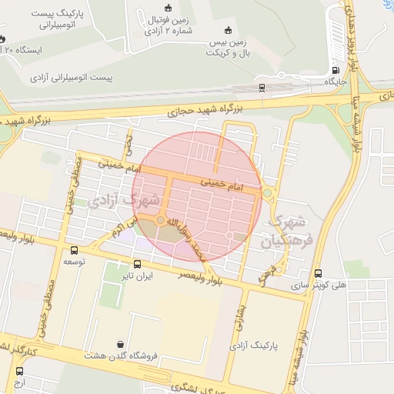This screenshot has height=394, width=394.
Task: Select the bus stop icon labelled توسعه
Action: coord(75,250)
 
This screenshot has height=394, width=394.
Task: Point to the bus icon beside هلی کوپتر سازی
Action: coord(319,273)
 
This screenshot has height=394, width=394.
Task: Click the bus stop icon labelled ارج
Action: coord(19,371)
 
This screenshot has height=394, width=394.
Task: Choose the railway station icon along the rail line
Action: coord(262,87)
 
